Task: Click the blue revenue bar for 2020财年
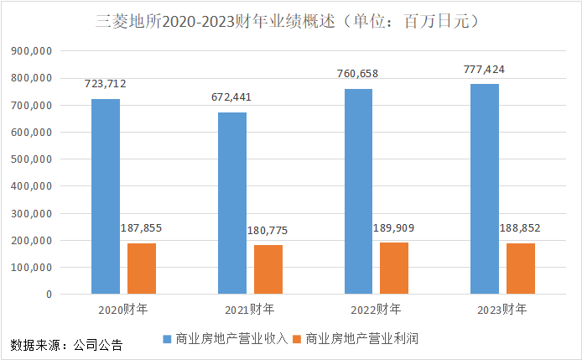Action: (106, 196)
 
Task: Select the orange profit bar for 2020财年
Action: (142, 269)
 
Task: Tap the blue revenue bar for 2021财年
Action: (232, 203)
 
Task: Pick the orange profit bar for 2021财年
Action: (268, 269)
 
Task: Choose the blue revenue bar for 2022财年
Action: (358, 191)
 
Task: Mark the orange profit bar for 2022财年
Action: (394, 269)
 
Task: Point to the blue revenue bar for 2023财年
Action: (485, 189)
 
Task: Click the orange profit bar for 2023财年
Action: (521, 269)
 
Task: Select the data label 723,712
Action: (106, 84)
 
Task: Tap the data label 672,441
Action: (232, 97)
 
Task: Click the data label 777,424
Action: (485, 69)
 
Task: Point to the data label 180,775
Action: (268, 230)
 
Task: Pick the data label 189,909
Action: (394, 227)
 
